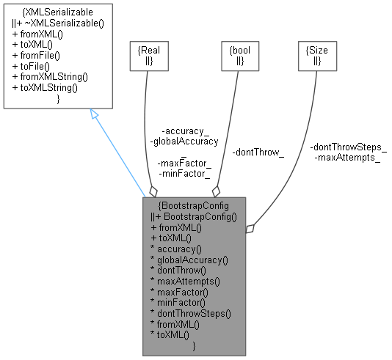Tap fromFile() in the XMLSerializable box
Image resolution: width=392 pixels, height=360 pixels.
(36, 55)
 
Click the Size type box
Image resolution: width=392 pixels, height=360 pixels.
(317, 55)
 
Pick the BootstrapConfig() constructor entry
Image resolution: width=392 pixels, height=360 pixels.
(193, 217)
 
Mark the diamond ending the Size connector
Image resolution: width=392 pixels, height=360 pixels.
(250, 229)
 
